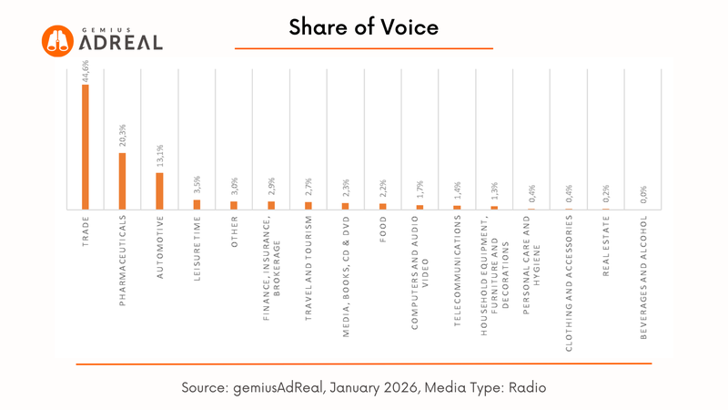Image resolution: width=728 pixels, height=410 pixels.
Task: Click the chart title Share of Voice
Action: click(x=363, y=26)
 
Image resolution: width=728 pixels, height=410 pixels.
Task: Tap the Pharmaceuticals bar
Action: click(x=123, y=180)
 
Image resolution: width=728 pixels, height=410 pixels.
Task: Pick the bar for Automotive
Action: click(x=160, y=190)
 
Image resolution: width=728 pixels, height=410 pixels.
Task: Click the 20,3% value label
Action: click(x=123, y=137)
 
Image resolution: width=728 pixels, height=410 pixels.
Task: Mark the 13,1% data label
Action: click(x=160, y=157)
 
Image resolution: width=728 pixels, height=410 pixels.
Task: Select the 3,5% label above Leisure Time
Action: click(x=197, y=185)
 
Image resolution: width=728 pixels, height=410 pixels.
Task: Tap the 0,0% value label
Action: click(x=644, y=194)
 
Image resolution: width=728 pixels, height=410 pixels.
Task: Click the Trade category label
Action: click(x=86, y=232)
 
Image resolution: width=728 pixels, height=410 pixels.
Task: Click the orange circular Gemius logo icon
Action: click(x=56, y=41)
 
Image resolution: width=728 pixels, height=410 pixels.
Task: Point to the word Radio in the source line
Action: click(x=525, y=386)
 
